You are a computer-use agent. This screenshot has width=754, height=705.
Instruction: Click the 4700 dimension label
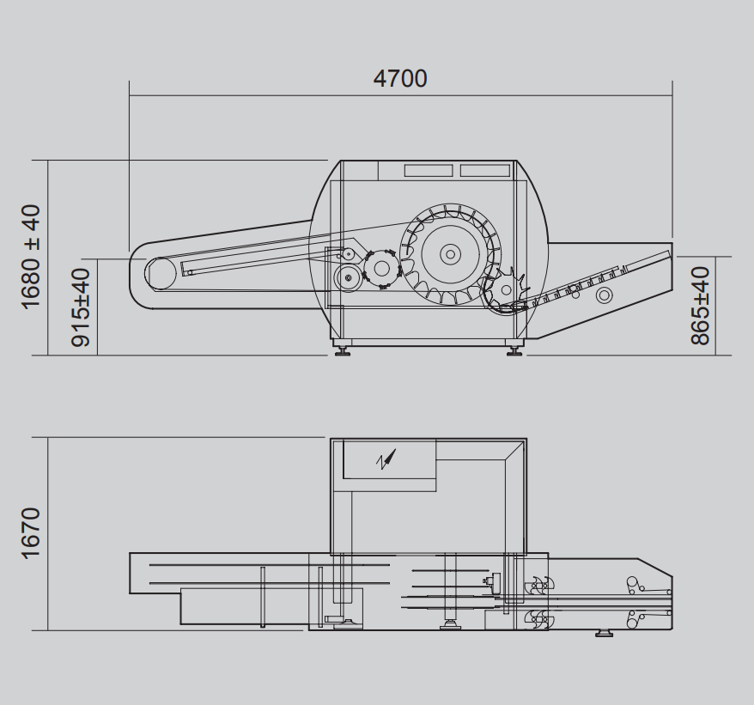400,79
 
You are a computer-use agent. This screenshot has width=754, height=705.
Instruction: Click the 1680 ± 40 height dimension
31,257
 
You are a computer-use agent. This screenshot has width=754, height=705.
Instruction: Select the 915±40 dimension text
81,307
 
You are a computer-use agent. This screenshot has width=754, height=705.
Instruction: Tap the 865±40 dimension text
700,306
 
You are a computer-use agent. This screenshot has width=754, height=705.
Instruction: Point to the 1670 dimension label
31,533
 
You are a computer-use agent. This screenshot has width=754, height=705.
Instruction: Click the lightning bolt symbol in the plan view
386,459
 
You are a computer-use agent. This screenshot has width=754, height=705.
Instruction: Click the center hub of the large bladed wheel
450,254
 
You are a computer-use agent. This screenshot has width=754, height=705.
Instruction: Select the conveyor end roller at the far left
161,274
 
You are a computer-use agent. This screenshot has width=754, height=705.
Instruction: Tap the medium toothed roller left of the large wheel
380,269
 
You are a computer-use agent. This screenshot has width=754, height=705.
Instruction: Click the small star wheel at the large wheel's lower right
506,289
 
